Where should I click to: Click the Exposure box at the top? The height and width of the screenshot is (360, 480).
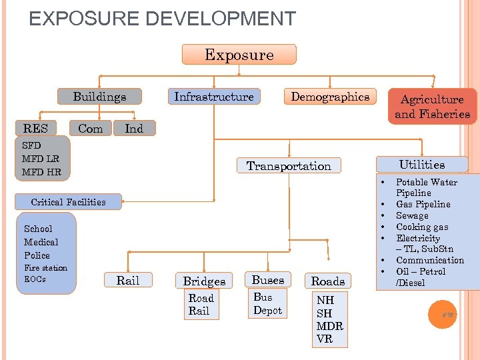239,55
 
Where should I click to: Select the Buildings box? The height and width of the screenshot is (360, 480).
99,97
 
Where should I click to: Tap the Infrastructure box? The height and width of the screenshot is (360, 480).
213,97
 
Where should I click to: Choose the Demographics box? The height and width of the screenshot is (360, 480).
330,97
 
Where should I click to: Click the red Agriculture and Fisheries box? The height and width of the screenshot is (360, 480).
432,107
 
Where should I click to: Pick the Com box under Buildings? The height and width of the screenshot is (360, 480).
91,128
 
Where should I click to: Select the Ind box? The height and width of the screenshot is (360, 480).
134,128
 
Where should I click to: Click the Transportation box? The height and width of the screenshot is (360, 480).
289,166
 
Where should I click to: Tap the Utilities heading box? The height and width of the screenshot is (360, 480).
422,164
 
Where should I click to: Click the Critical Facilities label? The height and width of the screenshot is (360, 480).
68,202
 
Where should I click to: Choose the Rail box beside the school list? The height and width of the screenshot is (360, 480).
127,280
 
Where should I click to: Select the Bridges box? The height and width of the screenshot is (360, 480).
204,281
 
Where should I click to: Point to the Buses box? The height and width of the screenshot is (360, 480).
267,280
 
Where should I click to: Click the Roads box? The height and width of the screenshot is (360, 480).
328,281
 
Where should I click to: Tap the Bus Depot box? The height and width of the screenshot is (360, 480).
267,304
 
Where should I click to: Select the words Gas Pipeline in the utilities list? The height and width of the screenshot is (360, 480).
423,204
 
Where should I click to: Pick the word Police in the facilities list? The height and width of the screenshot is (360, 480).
37,255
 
